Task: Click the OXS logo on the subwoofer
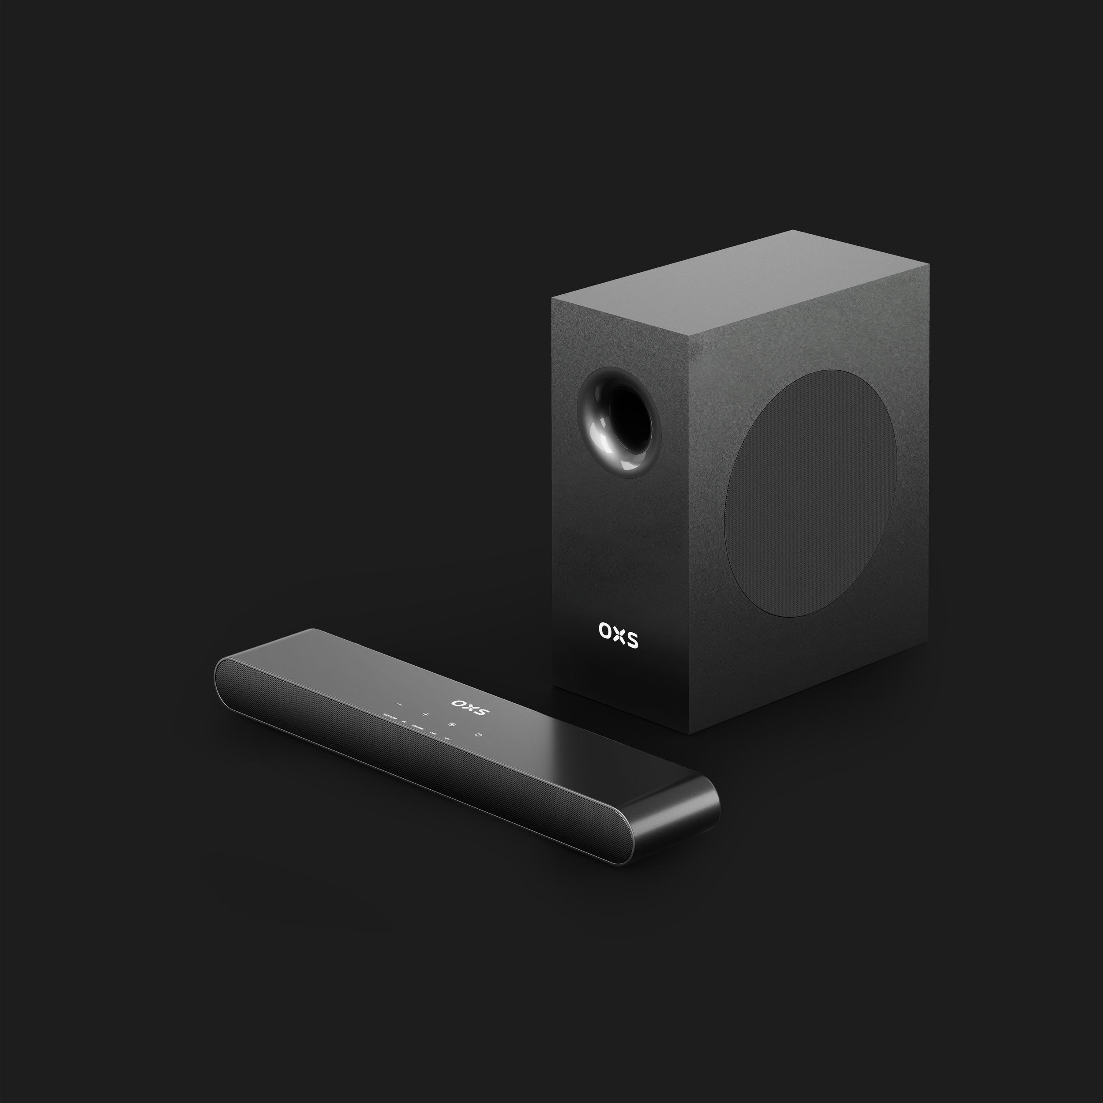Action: tap(618, 635)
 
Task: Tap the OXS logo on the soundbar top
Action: tap(470, 708)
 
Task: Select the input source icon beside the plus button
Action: tap(452, 725)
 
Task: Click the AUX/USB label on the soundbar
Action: tap(390, 717)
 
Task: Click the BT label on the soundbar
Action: tap(404, 722)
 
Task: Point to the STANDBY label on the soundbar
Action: tap(418, 728)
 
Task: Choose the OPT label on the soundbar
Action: tap(434, 734)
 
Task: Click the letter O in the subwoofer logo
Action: tap(604, 630)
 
